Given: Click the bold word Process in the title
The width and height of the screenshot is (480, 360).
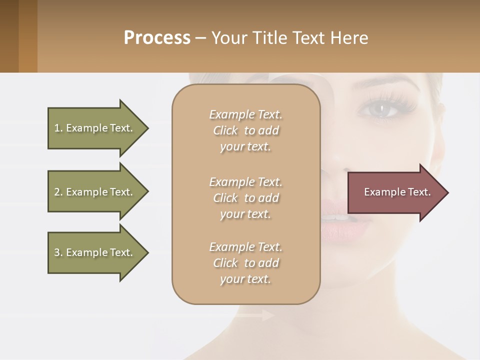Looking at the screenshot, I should pos(157,37).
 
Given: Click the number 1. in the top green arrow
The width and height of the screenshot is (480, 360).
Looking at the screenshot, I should pos(58,128).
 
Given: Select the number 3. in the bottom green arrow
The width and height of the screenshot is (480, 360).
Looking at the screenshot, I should pos(58,252).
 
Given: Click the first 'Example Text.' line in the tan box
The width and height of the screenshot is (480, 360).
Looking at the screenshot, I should pos(245,114).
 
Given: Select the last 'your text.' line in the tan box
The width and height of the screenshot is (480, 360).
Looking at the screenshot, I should pos(245,279).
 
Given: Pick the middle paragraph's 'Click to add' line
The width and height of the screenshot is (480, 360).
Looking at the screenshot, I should pos(245,198).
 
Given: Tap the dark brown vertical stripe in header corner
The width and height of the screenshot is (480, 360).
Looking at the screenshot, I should pos(9,36).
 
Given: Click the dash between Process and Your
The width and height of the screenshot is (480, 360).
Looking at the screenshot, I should pos(200,38).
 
